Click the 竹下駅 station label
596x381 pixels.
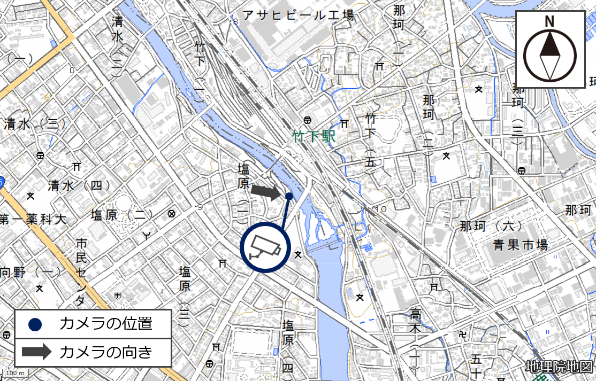tap(314, 137)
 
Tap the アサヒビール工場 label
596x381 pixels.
tap(299, 15)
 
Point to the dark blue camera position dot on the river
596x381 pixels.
tap(289, 196)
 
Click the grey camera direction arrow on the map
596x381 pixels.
tap(266, 191)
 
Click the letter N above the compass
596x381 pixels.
tap(549, 21)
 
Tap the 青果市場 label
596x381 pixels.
tap(520, 245)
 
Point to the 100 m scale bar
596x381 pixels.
tap(16, 372)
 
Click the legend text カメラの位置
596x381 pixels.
tap(106, 323)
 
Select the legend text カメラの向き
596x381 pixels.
tap(106, 352)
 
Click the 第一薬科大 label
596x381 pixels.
tap(33, 219)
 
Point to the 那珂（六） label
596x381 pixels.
tap(491, 226)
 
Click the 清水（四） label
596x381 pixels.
tap(79, 185)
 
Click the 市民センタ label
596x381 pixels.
tap(81, 272)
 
